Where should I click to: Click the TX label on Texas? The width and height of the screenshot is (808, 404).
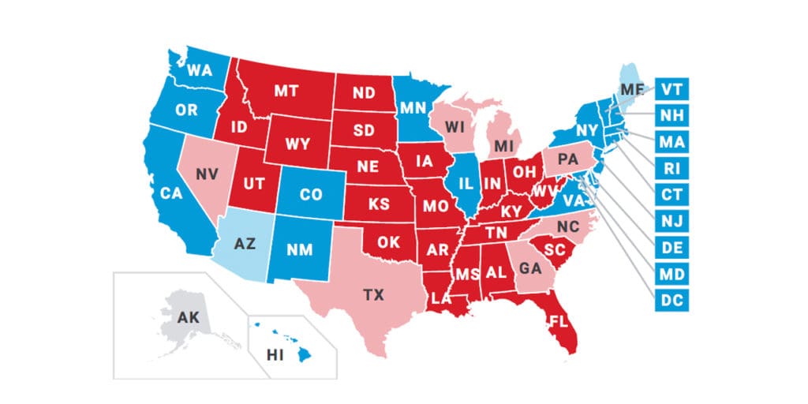tap(373, 295)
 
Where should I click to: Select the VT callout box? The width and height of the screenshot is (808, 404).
tap(672, 88)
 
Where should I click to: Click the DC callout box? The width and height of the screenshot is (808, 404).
tap(672, 301)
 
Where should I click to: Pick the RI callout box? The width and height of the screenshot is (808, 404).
tap(672, 168)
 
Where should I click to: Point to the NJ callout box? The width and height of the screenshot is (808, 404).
tap(672, 221)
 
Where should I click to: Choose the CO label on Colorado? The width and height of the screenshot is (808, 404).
tap(312, 193)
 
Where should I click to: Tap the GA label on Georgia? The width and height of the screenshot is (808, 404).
tap(531, 267)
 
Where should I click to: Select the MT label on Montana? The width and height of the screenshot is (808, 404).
tap(286, 92)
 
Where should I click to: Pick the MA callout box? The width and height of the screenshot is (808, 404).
tap(672, 141)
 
